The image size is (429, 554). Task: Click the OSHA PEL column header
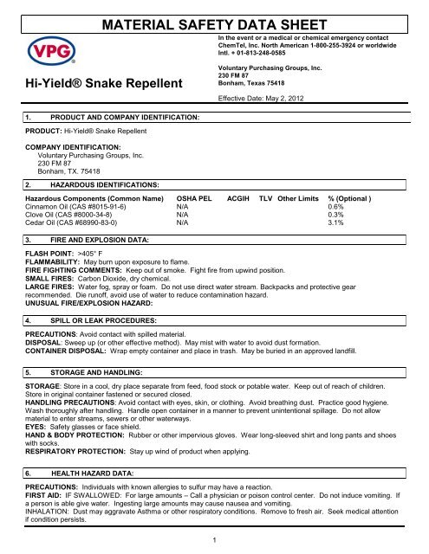tap(196, 199)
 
